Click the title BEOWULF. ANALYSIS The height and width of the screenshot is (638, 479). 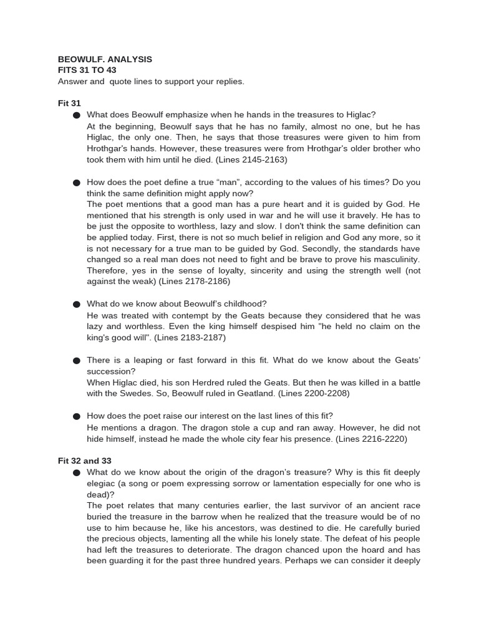(105, 59)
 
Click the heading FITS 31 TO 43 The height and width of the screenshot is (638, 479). (87, 70)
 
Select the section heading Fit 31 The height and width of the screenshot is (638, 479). (69, 103)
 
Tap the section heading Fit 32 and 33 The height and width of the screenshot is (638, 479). (85, 461)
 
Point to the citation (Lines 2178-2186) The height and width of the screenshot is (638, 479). (195, 281)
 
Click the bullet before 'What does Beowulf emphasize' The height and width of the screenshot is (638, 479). (77, 115)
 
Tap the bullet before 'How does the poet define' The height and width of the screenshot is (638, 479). (77, 183)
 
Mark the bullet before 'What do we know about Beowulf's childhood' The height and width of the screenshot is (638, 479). (77, 304)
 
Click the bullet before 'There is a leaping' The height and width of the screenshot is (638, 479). (77, 361)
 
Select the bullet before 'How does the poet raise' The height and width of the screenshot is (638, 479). (77, 417)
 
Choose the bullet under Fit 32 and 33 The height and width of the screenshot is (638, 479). (77, 473)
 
